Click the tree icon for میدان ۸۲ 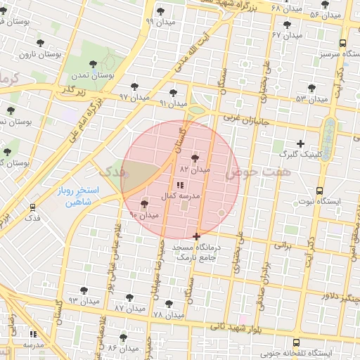click(x=195, y=158)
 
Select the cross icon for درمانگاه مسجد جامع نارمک click(x=196, y=236)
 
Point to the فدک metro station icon click(x=32, y=207)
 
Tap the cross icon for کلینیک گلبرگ click(x=300, y=143)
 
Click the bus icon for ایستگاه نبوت click(x=320, y=191)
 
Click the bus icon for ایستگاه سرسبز click(x=342, y=43)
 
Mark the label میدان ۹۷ click(x=134, y=96)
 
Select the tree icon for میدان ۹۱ click(x=174, y=92)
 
